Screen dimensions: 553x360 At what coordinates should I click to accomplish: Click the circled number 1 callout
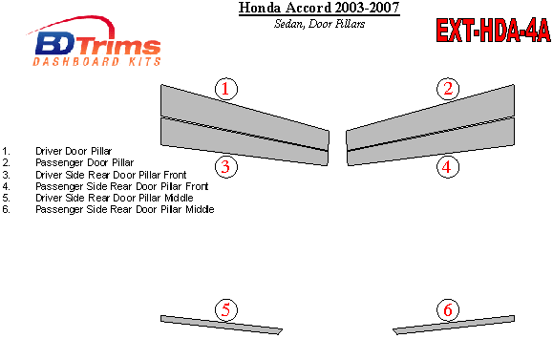(x=226, y=89)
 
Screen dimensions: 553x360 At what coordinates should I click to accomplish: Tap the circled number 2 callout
(x=448, y=89)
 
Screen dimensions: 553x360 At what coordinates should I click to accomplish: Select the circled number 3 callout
(x=226, y=166)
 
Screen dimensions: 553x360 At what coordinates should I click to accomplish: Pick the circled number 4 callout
(x=448, y=166)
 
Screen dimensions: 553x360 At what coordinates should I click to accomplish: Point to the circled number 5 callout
(x=226, y=310)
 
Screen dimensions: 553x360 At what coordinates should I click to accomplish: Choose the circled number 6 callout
(x=448, y=310)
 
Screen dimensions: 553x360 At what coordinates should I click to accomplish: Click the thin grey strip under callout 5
(x=222, y=325)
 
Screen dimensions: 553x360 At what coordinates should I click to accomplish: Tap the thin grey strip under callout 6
(x=454, y=325)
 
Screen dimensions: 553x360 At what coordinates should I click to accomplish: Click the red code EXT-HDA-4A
(x=493, y=31)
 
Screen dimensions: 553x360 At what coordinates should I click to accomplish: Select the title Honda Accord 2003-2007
(x=319, y=8)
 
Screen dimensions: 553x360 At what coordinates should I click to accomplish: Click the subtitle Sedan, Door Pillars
(x=320, y=24)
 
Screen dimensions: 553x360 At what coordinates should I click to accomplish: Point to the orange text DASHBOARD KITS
(x=97, y=62)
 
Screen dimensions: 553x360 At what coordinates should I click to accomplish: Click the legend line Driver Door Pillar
(x=74, y=151)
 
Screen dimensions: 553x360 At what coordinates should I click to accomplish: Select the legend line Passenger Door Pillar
(x=85, y=162)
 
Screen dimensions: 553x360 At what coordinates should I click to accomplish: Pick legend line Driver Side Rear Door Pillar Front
(x=111, y=175)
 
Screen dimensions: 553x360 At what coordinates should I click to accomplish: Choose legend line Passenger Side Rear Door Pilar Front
(x=122, y=186)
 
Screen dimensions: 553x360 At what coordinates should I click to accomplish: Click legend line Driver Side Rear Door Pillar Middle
(x=115, y=198)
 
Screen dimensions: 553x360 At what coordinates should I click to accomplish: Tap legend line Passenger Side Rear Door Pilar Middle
(x=125, y=209)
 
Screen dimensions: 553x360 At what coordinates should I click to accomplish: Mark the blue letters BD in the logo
(x=55, y=43)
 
